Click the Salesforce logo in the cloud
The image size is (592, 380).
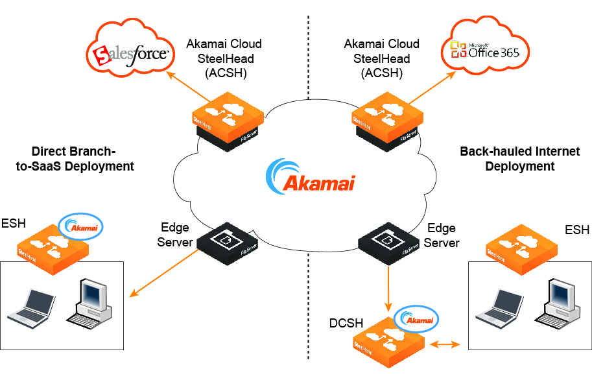(x=132, y=55)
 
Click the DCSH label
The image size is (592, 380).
(x=346, y=322)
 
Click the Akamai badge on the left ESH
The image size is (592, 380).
(x=81, y=226)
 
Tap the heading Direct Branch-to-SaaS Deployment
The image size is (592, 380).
(x=74, y=159)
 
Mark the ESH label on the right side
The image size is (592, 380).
(x=577, y=230)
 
